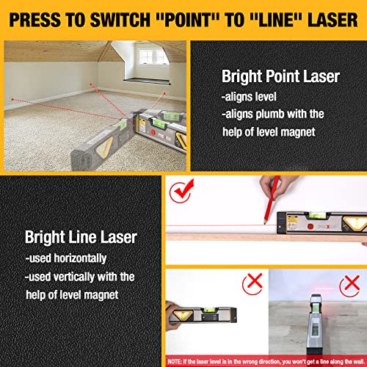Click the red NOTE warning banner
click(x=266, y=360)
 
